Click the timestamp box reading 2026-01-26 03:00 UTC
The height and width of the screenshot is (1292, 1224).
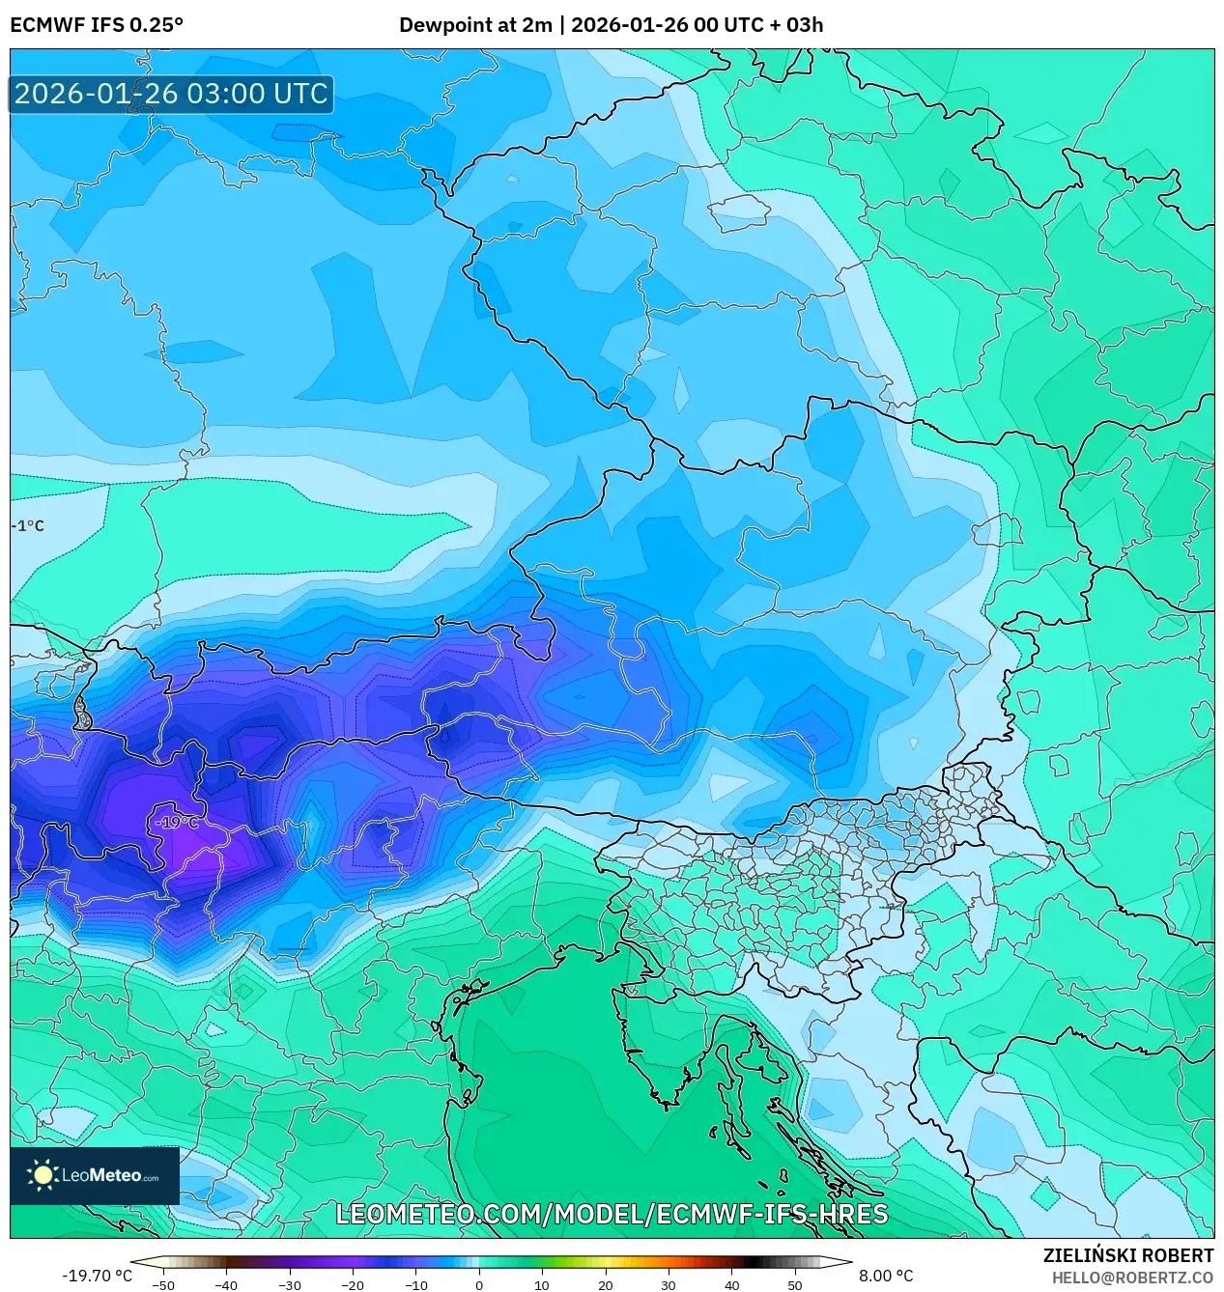click(x=171, y=94)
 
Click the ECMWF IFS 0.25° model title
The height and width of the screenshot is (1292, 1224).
click(x=97, y=25)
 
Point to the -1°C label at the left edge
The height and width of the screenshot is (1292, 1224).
click(x=29, y=526)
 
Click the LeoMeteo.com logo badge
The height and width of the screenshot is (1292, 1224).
click(x=95, y=1175)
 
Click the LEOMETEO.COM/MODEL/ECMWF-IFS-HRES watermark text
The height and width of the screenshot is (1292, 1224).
click(x=612, y=1214)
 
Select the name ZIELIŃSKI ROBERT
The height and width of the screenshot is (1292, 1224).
click(x=1127, y=1255)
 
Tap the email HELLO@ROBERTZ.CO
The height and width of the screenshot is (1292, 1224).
click(x=1132, y=1278)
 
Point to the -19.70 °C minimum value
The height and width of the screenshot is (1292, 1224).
click(x=97, y=1276)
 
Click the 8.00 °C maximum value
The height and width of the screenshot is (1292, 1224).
click(x=885, y=1276)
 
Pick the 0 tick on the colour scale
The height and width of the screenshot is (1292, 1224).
click(x=479, y=1284)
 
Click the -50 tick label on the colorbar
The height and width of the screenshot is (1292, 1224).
click(x=163, y=1284)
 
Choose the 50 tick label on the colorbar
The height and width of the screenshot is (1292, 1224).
click(x=795, y=1284)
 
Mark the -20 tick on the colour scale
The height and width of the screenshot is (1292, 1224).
click(x=353, y=1284)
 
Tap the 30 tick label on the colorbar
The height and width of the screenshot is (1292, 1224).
click(x=669, y=1284)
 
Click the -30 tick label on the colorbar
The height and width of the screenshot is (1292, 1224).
click(x=290, y=1284)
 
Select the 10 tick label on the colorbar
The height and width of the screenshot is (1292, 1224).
click(x=542, y=1284)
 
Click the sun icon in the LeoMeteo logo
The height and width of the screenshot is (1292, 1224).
click(x=43, y=1175)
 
